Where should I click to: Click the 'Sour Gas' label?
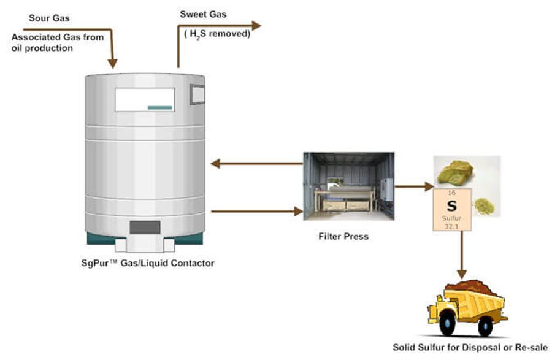pyautogui.click(x=49, y=18)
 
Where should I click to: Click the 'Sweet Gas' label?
pyautogui.click(x=202, y=14)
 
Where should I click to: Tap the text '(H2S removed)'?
pyautogui.click(x=217, y=34)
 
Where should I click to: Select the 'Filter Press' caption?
pyautogui.click(x=343, y=236)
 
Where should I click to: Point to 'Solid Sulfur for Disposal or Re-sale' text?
pyautogui.click(x=470, y=347)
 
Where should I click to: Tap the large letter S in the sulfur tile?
pyautogui.click(x=451, y=206)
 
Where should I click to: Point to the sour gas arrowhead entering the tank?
pyautogui.click(x=112, y=63)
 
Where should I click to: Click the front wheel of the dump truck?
pyautogui.click(x=447, y=326)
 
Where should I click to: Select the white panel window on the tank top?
pyautogui.click(x=145, y=100)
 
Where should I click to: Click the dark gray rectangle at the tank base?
pyautogui.click(x=145, y=228)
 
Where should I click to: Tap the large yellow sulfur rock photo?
pyautogui.click(x=457, y=172)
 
